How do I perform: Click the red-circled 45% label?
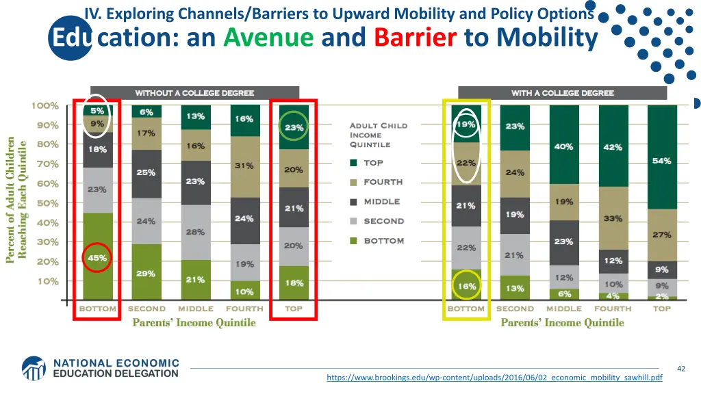point(97,258)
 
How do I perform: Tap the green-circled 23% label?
point(294,127)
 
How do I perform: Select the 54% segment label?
point(661,161)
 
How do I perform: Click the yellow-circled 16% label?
point(466,286)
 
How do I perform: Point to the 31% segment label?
point(244,166)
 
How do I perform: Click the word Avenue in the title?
point(268,37)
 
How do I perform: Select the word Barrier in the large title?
point(415,37)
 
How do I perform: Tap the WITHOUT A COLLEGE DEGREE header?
point(194,93)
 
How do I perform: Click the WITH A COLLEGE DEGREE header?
point(562,93)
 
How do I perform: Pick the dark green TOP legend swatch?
point(353,163)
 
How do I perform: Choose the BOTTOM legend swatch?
point(353,241)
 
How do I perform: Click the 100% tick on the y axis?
point(44,106)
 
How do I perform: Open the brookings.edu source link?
point(494,378)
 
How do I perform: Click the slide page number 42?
point(680,369)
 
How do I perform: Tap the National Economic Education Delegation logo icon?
point(34,368)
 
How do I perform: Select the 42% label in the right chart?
point(612,147)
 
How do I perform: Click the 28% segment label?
point(195,232)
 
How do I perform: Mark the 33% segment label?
point(612,218)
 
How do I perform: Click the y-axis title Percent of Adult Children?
point(12,199)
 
